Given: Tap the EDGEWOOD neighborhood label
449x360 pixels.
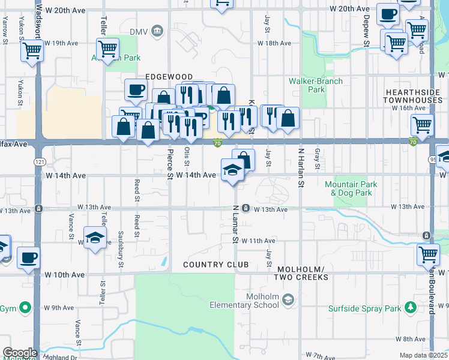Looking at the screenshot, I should (169, 77).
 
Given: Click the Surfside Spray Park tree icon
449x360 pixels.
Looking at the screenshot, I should (411, 308).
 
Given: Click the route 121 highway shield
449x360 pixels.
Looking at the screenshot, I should (39, 162).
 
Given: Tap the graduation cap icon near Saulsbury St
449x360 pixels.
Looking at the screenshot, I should (95, 238).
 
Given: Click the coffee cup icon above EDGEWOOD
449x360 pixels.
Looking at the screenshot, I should (136, 90).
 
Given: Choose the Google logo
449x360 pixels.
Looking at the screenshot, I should (20, 353).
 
